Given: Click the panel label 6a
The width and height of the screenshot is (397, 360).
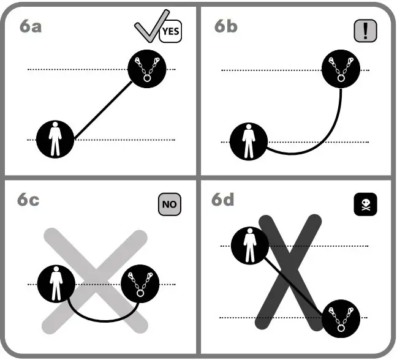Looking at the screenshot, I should (x=31, y=27).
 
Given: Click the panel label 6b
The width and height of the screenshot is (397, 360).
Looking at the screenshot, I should (x=225, y=27).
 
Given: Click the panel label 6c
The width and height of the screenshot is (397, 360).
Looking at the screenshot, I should (x=28, y=200).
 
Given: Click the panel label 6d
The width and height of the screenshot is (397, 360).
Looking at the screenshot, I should (x=225, y=200).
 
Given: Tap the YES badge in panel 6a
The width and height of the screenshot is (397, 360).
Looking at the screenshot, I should (x=171, y=32).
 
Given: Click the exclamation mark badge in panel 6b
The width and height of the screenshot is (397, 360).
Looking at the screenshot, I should (x=365, y=31).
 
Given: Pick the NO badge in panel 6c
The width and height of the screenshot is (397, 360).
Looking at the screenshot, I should (x=171, y=205).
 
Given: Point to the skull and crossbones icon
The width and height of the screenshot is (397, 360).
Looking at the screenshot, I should (x=365, y=204).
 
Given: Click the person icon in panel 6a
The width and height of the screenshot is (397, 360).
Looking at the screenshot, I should (x=56, y=139).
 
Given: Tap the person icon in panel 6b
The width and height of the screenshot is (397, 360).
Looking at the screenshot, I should (x=249, y=141).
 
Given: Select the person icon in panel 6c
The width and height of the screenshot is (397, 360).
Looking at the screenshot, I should (x=56, y=285).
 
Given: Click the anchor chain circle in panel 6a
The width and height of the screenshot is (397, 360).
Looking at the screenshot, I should (x=146, y=69).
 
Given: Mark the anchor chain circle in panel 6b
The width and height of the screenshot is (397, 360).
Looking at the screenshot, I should (x=341, y=69).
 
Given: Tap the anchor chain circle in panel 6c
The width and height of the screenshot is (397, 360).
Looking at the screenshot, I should (x=140, y=285).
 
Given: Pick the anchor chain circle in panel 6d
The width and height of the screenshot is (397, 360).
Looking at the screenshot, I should (x=339, y=318).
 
